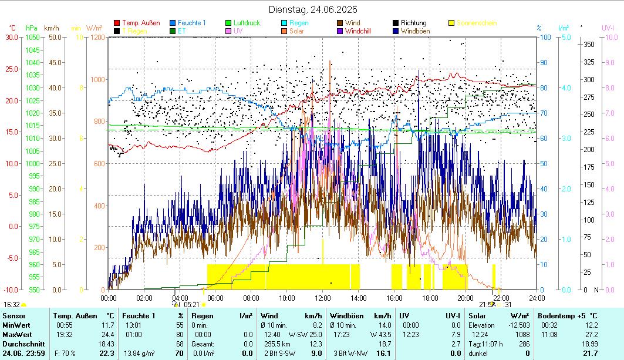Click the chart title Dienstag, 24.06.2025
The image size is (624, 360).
(313, 9)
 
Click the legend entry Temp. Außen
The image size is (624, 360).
(141, 23)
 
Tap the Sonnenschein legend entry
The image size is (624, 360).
(476, 23)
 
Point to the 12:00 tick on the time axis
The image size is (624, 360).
(323, 298)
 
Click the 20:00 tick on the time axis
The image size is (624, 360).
(466, 298)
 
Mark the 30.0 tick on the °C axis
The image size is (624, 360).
(11, 37)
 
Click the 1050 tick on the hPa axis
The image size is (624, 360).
(32, 37)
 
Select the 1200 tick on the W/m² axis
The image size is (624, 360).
(97, 37)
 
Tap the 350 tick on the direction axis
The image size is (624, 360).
(589, 44)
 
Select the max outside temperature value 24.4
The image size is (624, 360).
(108, 334)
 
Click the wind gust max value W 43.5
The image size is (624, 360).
(380, 334)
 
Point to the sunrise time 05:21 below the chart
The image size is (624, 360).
(192, 305)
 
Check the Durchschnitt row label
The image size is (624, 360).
(21, 344)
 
